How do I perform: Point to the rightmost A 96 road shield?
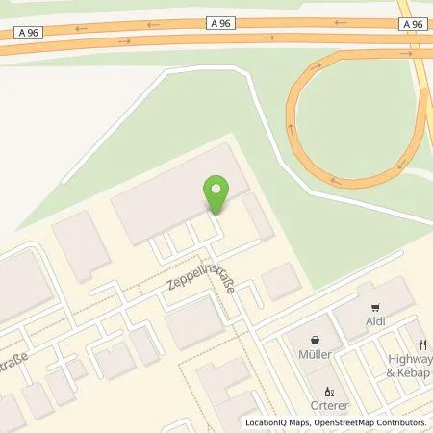(411, 25)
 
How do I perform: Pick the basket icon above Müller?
(314, 340)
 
